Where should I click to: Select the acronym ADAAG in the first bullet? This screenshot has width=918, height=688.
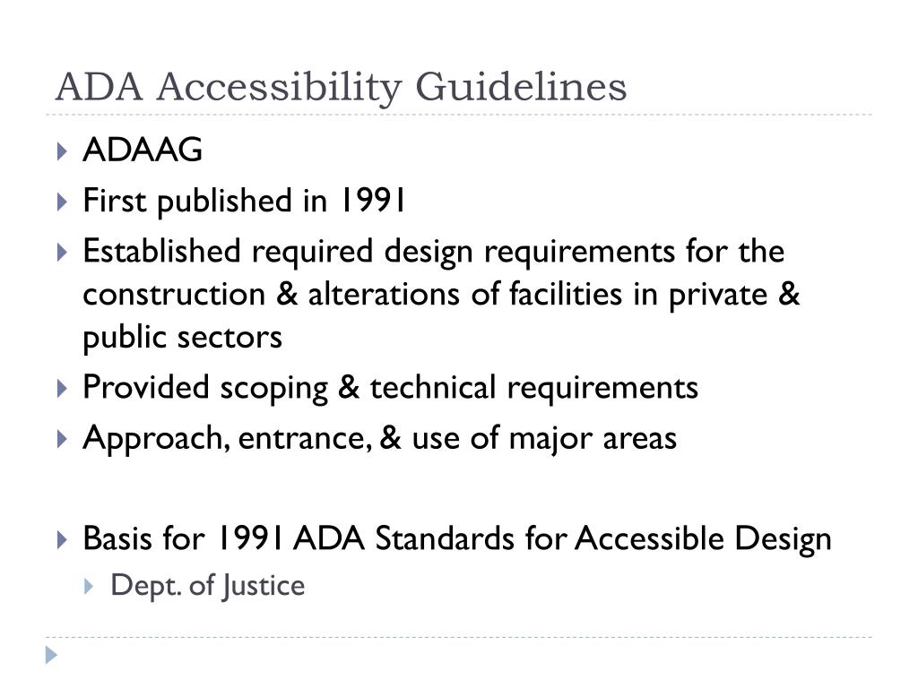point(143,151)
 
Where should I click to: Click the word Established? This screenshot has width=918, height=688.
point(162,252)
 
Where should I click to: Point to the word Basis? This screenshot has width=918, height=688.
point(115,539)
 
